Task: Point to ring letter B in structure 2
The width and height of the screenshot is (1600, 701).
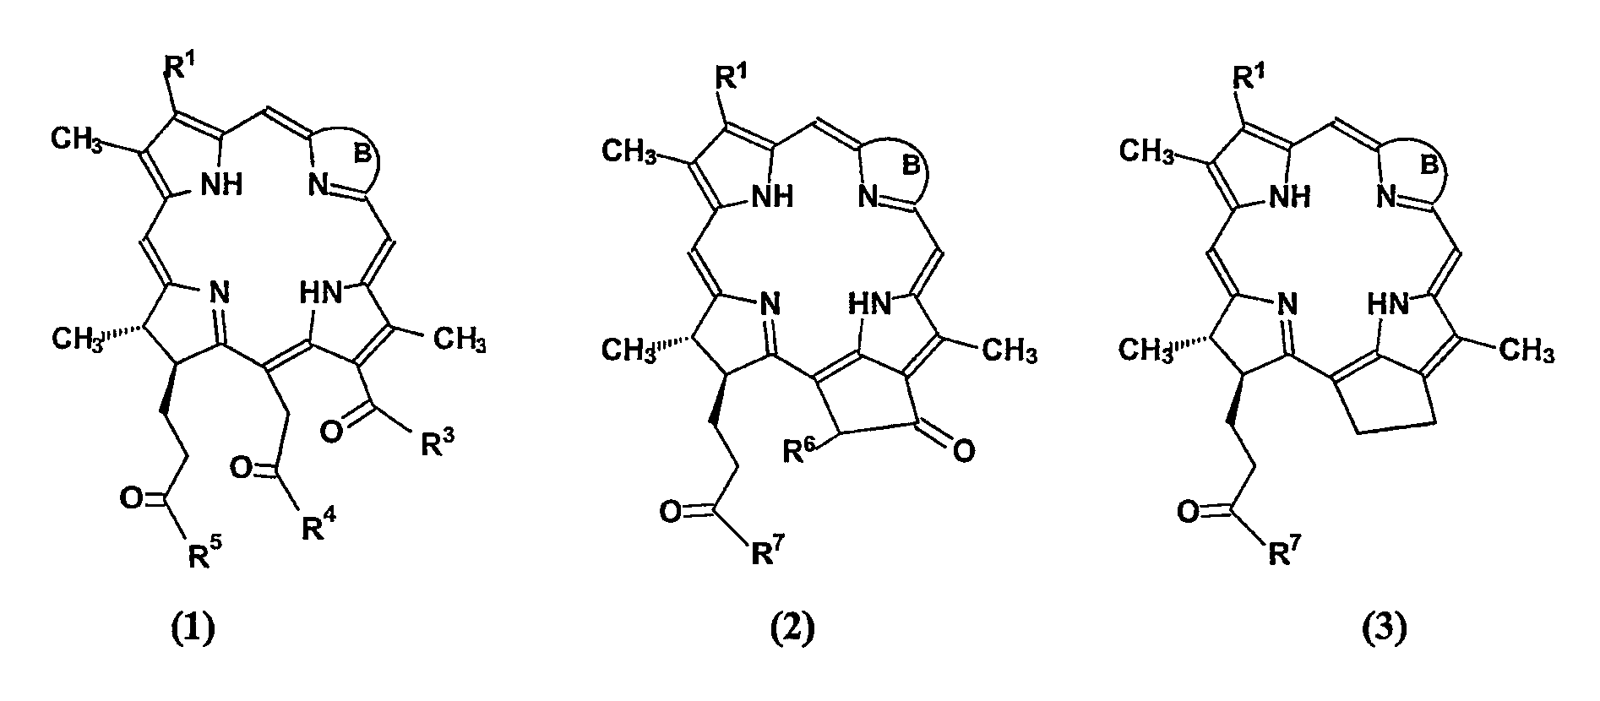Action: click(912, 166)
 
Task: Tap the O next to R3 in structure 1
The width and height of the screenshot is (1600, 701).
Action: click(333, 432)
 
